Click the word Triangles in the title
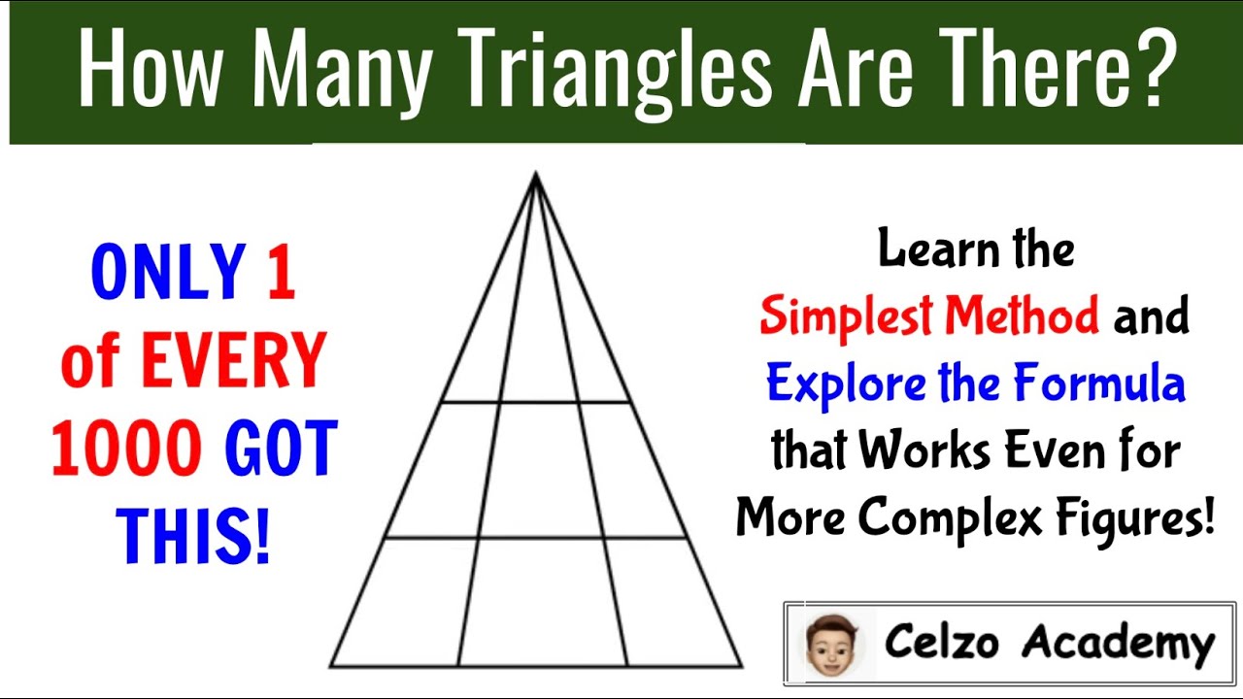613,73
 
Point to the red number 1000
126,450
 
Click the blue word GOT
282,450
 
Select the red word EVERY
233,360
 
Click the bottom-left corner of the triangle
331,666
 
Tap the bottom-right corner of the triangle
742,666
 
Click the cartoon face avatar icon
828,643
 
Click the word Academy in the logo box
1119,643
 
